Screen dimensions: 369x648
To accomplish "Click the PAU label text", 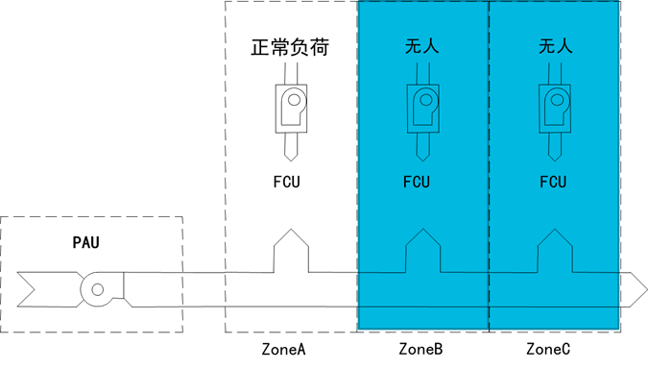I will coord(85,242).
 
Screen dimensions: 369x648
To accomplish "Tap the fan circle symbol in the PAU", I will coord(97,288).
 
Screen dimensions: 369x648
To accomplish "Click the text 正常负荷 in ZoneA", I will coord(290,46).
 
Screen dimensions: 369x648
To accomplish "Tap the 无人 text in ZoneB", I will coord(422,45).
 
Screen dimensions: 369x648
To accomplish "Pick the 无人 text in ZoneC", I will coord(555,45).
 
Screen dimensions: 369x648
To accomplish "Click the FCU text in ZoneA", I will coord(286,182).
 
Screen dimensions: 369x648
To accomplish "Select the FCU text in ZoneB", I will coord(417,182).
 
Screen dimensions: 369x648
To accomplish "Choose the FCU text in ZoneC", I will coord(553,182).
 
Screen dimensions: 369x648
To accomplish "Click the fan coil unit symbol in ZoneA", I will coord(291,108).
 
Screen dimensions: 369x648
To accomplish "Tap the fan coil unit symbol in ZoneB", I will coord(422,108).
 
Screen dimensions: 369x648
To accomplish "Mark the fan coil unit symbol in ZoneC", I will coord(554,108).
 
